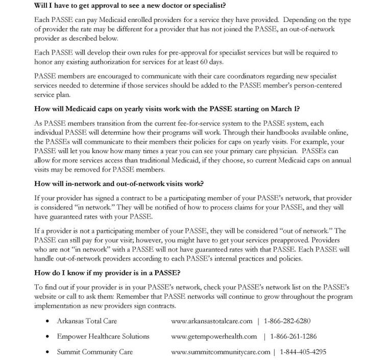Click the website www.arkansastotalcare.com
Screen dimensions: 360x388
[x=212, y=321]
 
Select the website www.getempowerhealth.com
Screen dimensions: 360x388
[x=214, y=337]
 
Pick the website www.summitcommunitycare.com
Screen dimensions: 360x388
[x=221, y=352]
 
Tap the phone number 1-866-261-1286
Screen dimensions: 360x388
[x=294, y=337]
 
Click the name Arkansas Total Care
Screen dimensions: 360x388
[x=87, y=321]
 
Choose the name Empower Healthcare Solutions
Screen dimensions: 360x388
[x=103, y=337]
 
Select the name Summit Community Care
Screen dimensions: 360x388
[x=95, y=352]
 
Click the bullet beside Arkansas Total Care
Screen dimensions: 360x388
[x=47, y=322]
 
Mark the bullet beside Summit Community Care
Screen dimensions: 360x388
[x=47, y=352]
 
